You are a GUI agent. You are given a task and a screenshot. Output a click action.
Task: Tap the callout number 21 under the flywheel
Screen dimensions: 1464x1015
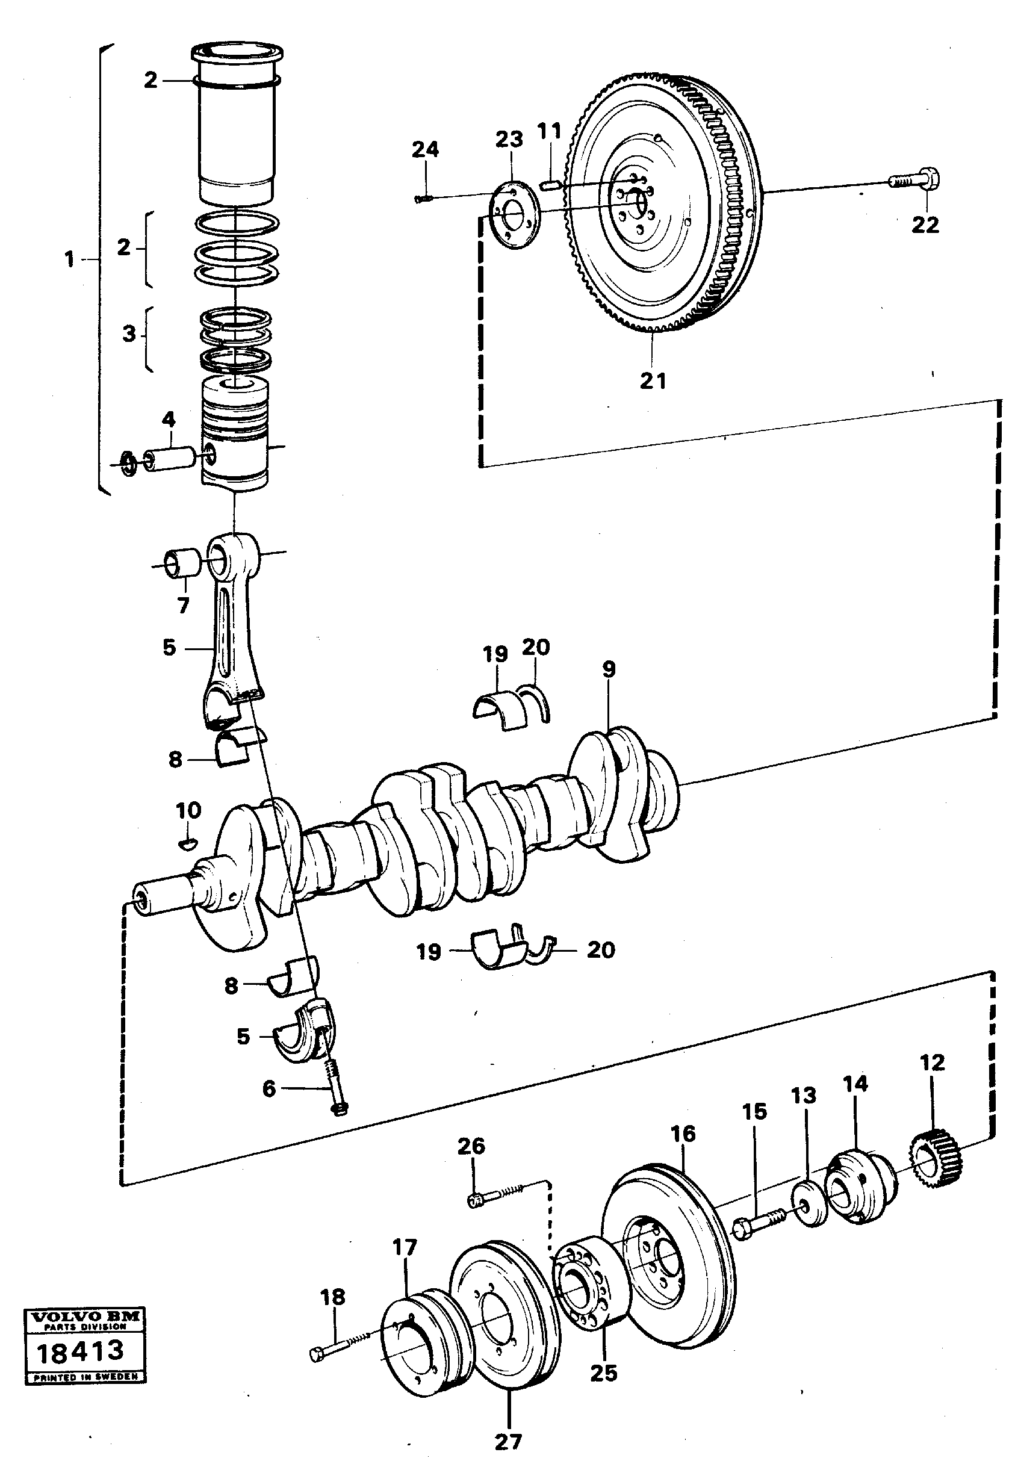pyautogui.click(x=653, y=381)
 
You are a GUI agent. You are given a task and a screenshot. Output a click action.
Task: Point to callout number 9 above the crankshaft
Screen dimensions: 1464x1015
pyautogui.click(x=609, y=669)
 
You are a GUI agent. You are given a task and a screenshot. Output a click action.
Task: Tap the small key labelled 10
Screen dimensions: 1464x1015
pyautogui.click(x=188, y=844)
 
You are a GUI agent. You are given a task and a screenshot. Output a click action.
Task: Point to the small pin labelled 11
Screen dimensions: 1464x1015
pyautogui.click(x=549, y=185)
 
